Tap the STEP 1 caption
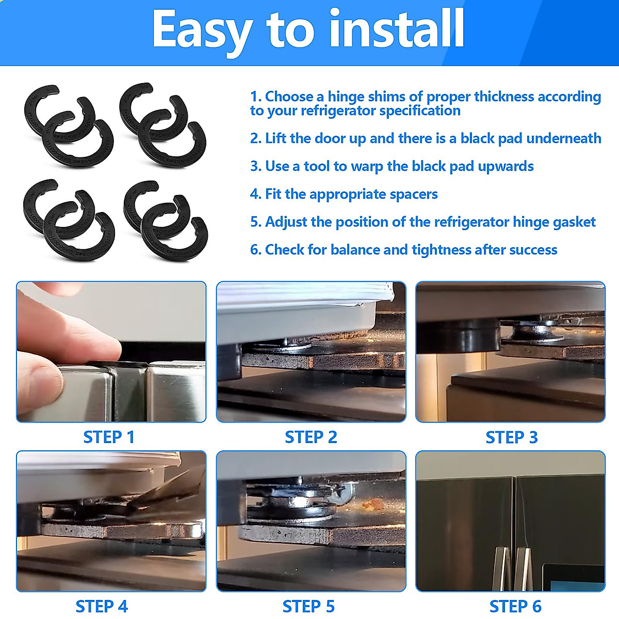point(109,437)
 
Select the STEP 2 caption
point(311,437)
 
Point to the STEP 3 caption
point(511,437)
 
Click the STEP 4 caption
point(102,606)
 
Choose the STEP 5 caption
point(308,606)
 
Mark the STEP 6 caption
point(515,606)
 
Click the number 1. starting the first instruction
point(256,96)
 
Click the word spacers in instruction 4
point(414,194)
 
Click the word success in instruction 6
point(533,250)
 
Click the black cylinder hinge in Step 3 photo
point(467,335)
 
